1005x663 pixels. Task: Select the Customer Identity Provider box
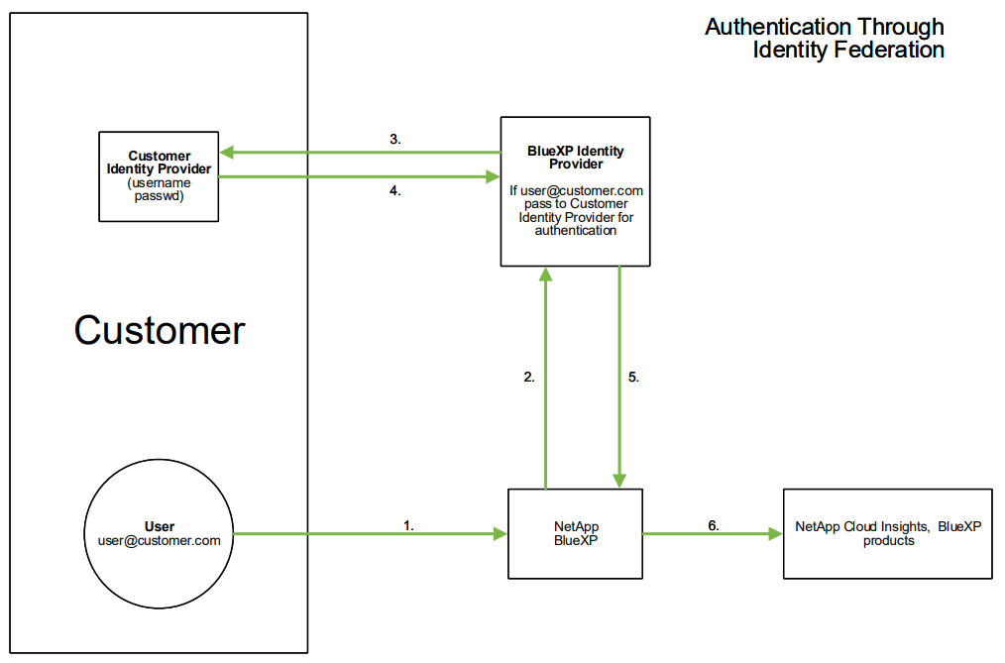[x=159, y=176]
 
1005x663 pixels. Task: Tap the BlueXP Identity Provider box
[x=575, y=191]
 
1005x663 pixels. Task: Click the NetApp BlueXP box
[x=575, y=533]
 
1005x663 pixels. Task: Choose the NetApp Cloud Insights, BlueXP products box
[x=887, y=533]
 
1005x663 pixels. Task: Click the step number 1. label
[x=408, y=526]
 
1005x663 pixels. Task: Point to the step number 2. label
[x=529, y=377]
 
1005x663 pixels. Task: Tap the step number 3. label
[x=394, y=140]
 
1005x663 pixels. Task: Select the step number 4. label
[x=394, y=191]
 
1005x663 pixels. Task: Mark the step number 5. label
[x=634, y=377]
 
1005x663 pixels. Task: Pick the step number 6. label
[x=714, y=525]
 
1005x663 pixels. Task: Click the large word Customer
[x=159, y=330]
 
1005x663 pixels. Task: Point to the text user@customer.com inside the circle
[x=160, y=541]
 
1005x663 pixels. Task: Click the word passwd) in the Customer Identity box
[x=159, y=197]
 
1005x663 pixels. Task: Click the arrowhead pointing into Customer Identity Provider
[x=227, y=153]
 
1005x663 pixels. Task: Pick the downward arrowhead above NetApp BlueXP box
[x=619, y=481]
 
